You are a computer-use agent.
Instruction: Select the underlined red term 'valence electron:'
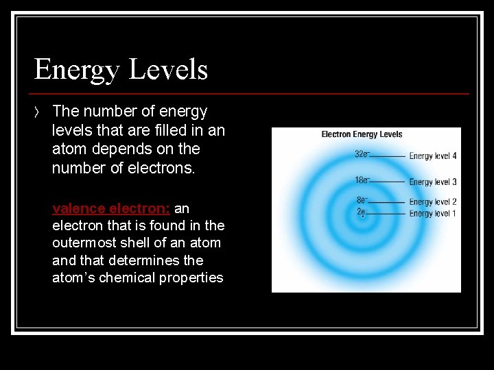tap(111, 208)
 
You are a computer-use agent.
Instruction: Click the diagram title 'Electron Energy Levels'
tap(362, 134)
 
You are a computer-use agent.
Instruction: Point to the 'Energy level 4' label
tap(433, 156)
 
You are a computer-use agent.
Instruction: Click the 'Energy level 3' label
tap(433, 182)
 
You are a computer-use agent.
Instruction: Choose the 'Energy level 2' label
tap(433, 202)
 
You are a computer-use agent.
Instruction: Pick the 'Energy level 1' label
tap(433, 214)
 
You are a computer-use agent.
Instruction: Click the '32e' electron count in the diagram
tap(362, 154)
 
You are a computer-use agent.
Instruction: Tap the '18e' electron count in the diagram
tap(362, 180)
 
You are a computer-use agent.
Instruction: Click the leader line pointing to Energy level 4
tap(388, 156)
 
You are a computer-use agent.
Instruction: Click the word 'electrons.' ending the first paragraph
tap(161, 167)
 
